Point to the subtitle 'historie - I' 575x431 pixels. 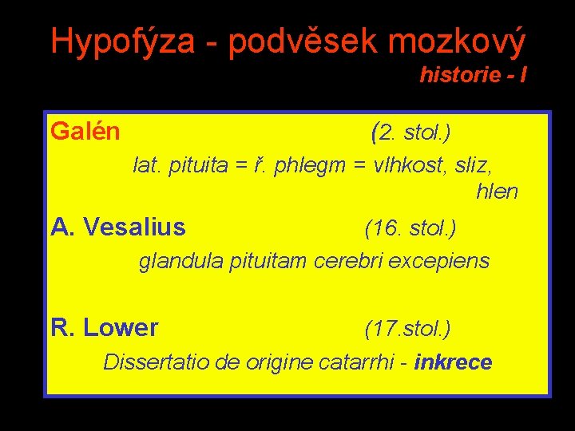[x=473, y=76]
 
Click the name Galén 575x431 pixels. [x=85, y=131]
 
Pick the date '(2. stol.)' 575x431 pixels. [x=411, y=131]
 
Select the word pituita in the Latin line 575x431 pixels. [x=196, y=166]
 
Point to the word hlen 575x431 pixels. [x=497, y=192]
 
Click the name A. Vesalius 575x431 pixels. [x=118, y=228]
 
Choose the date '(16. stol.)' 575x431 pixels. [x=410, y=229]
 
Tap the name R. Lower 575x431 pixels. [x=104, y=328]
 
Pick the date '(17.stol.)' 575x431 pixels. [x=407, y=328]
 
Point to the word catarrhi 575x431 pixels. [x=356, y=362]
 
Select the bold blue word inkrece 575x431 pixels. [x=454, y=362]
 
